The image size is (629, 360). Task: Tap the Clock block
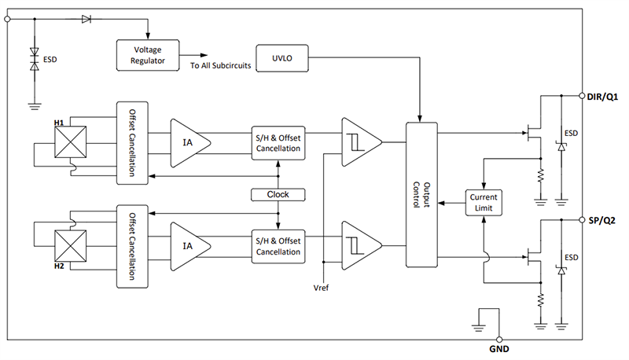coord(278,194)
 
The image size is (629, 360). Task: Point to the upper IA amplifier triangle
coord(189,142)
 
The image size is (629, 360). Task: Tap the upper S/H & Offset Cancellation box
coord(278,142)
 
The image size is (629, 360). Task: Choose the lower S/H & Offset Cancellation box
coord(278,245)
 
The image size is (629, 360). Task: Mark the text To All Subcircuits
coord(220,65)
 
